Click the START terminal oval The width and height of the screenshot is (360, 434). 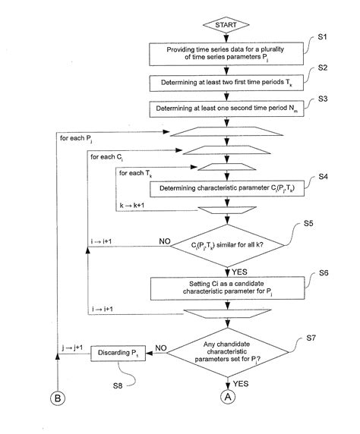227,24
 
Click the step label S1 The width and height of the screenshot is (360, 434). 321,37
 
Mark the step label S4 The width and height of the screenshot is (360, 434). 321,177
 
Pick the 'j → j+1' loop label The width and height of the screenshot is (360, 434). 73,348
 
